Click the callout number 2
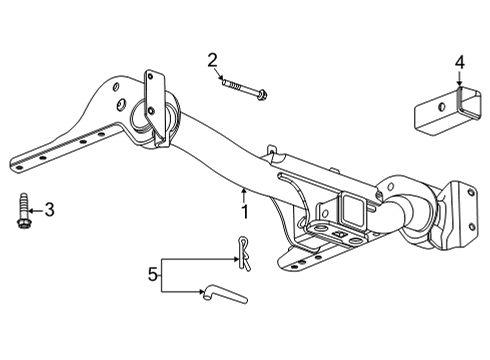pyautogui.click(x=213, y=61)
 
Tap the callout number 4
pyautogui.click(x=459, y=62)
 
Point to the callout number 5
pyautogui.click(x=153, y=271)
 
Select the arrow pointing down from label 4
pyautogui.click(x=459, y=86)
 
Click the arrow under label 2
pyautogui.click(x=220, y=78)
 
